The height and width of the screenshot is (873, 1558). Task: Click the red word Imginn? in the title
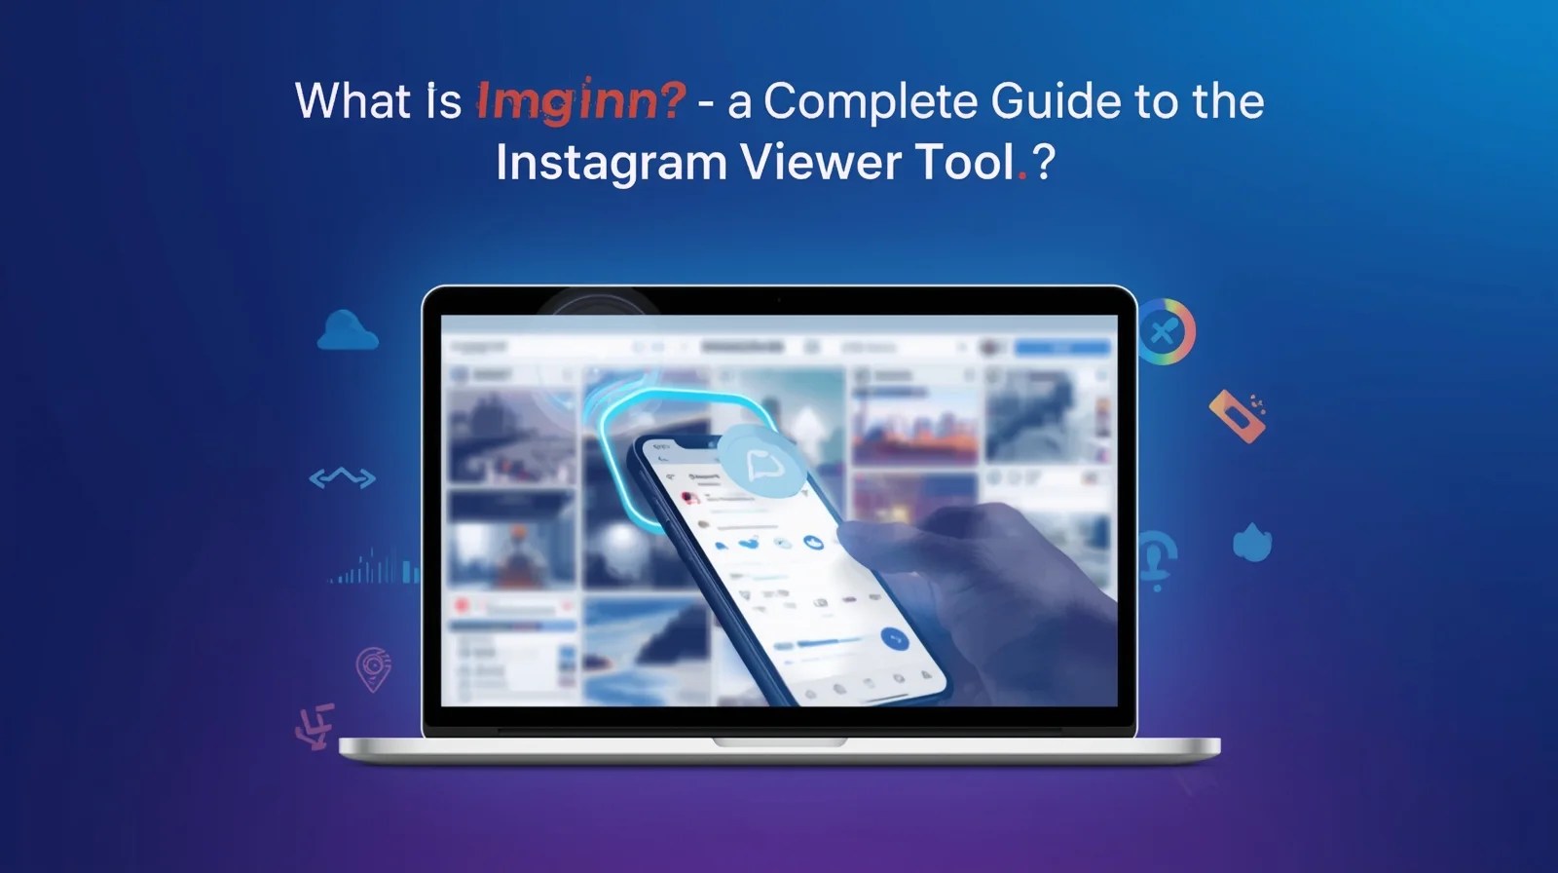click(x=580, y=102)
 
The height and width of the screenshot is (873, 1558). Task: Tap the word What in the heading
click(x=352, y=100)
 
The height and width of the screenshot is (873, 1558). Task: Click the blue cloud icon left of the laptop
click(x=347, y=331)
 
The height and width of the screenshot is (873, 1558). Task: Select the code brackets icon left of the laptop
click(x=342, y=477)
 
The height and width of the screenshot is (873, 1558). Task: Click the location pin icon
click(x=373, y=669)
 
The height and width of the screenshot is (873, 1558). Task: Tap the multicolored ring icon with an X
click(x=1165, y=332)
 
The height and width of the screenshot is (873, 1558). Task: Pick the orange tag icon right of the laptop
click(x=1237, y=416)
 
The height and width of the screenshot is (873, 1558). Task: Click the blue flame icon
click(x=1251, y=543)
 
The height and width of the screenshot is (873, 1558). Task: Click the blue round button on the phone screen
click(x=894, y=640)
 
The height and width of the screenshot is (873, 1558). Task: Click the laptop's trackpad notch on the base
click(x=779, y=742)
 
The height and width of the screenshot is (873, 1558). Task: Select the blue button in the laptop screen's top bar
click(x=1062, y=348)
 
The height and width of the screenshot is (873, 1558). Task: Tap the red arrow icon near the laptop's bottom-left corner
click(x=316, y=726)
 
